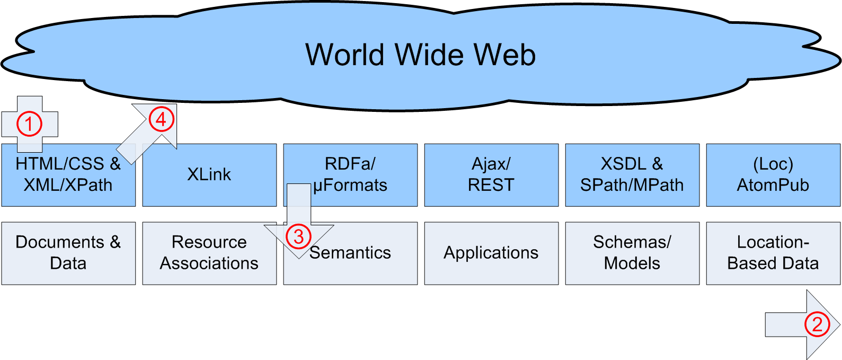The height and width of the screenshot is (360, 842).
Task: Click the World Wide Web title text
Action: (x=420, y=55)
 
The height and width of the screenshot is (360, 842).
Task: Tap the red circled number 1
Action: (x=29, y=124)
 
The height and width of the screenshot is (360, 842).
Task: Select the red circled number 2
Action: (x=817, y=324)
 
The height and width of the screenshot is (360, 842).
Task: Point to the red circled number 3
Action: (x=299, y=236)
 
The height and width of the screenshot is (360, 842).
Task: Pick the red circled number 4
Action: (x=161, y=119)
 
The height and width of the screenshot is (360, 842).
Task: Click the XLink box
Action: (x=209, y=174)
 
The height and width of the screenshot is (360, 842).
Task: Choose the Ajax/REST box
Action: (x=491, y=174)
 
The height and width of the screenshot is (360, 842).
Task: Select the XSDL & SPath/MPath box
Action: (x=632, y=174)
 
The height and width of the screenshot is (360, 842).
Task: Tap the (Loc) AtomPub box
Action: (x=773, y=174)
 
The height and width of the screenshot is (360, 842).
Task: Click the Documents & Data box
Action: (x=68, y=253)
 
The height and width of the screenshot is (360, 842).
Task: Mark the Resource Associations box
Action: (x=209, y=253)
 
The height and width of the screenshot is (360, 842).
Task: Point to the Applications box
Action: (x=491, y=253)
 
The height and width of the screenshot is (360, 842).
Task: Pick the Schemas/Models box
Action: (x=632, y=253)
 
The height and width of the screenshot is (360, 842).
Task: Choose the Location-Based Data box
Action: (x=773, y=253)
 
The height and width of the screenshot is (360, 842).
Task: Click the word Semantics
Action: (x=350, y=253)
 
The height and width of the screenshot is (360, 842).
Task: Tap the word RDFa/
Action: (x=350, y=164)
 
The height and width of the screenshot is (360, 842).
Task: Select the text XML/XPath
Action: (x=68, y=185)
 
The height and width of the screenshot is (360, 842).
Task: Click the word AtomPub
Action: (x=773, y=185)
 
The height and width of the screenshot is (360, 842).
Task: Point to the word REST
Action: (x=491, y=185)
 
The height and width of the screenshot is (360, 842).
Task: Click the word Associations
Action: (x=209, y=264)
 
